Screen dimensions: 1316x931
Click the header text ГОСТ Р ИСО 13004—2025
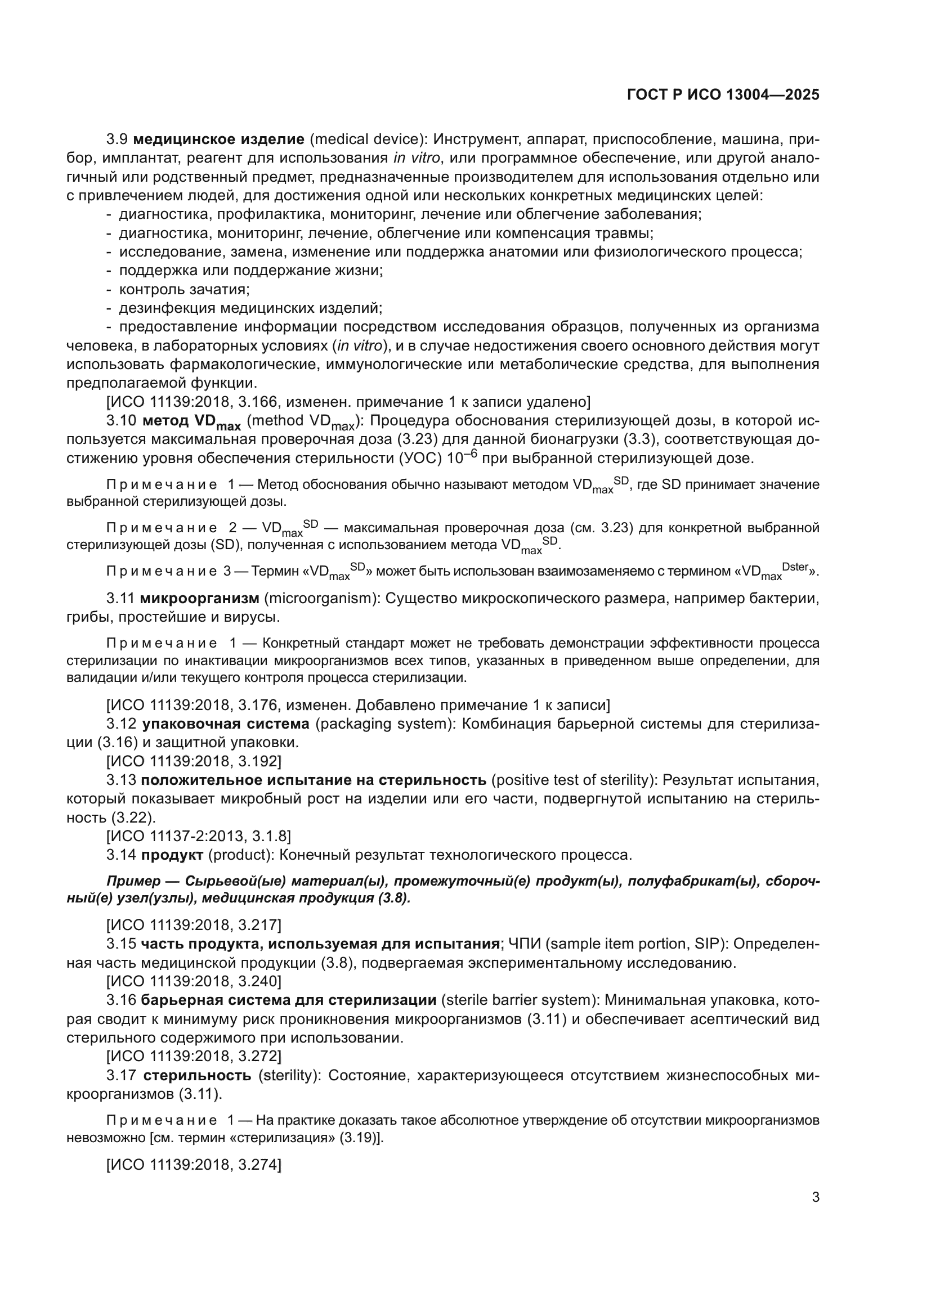point(723,95)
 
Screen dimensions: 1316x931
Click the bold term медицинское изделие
point(218,140)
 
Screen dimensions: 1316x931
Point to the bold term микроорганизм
point(199,599)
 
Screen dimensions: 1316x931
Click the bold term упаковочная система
point(225,724)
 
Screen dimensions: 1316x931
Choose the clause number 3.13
point(121,780)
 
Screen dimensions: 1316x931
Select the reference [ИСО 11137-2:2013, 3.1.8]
point(198,836)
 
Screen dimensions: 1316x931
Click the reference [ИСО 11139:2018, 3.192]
point(194,761)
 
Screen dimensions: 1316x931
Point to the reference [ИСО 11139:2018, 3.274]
point(194,1165)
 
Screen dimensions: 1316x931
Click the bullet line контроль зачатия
point(184,289)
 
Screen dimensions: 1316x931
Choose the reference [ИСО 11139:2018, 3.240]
point(194,981)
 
